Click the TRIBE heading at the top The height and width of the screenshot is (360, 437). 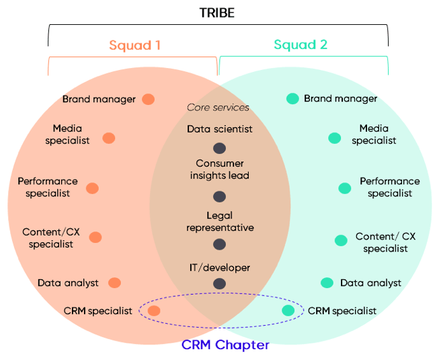(218, 13)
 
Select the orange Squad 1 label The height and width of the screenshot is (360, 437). (134, 46)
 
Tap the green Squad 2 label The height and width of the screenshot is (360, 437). (301, 46)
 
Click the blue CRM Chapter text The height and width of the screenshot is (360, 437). (225, 345)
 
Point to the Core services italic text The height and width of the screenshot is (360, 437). (218, 108)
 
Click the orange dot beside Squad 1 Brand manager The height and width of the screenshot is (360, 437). (148, 99)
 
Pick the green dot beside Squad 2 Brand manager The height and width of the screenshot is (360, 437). (292, 99)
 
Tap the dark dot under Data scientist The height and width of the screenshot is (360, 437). (219, 148)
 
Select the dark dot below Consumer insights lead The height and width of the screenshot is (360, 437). (219, 196)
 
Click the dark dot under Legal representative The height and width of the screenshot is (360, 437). (219, 244)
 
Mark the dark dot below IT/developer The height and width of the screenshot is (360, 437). (219, 283)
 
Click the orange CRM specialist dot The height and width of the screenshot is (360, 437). (154, 311)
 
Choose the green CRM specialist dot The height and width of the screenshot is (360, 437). (288, 310)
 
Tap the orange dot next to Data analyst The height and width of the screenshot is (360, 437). (114, 283)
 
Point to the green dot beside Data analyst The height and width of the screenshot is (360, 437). (327, 283)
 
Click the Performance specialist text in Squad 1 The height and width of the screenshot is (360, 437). (48, 187)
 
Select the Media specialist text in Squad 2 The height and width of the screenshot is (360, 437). (374, 135)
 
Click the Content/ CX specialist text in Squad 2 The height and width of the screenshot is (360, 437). (385, 242)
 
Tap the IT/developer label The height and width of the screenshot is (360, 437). (219, 268)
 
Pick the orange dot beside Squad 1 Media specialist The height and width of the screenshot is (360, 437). (108, 138)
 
